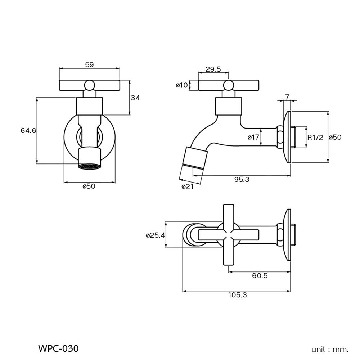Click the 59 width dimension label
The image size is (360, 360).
pos(89,65)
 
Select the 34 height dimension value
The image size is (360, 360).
pos(135,98)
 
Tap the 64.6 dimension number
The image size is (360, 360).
pos(28,131)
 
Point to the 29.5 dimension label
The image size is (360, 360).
pos(213,69)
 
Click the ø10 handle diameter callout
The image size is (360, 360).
pos(181,85)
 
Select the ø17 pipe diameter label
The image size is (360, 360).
pos(253,137)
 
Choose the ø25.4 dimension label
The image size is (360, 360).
pos(155,235)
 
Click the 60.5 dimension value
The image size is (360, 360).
pos(260,276)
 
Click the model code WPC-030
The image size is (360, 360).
pos(58,348)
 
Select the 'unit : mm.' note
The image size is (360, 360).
pos(330,349)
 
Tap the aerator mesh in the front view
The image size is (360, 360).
pos(90,167)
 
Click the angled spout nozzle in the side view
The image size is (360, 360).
pos(194,158)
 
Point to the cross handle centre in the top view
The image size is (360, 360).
pos(229,235)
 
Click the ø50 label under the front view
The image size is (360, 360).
pos(89,186)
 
